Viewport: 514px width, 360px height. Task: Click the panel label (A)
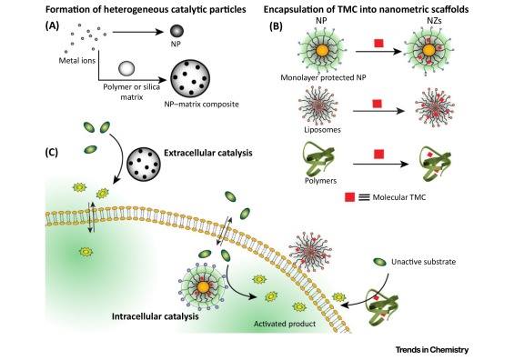[52, 25]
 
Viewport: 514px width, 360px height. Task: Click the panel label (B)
[276, 26]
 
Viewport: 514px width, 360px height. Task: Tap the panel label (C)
[52, 153]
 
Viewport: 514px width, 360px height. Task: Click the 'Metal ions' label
[77, 61]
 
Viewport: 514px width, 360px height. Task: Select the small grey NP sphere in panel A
[176, 31]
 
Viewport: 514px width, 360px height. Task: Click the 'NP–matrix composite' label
[201, 105]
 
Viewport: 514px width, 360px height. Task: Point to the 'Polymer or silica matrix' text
[131, 92]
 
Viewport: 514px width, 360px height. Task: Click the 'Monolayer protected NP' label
[323, 77]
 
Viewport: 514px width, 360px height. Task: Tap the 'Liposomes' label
[322, 130]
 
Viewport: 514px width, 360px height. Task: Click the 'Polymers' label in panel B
[320, 181]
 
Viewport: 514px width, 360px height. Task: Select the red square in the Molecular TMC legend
[349, 197]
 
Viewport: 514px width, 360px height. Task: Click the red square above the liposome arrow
[378, 104]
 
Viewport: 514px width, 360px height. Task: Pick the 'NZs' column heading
[435, 21]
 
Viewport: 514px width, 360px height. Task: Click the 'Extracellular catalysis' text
[208, 153]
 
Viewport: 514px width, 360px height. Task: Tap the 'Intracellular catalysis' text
[155, 316]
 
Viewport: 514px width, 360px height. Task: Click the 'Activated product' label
[285, 324]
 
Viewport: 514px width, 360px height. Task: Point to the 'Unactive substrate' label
[423, 262]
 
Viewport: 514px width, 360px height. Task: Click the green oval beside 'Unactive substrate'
[380, 262]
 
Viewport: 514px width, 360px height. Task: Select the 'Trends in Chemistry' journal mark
[432, 349]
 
